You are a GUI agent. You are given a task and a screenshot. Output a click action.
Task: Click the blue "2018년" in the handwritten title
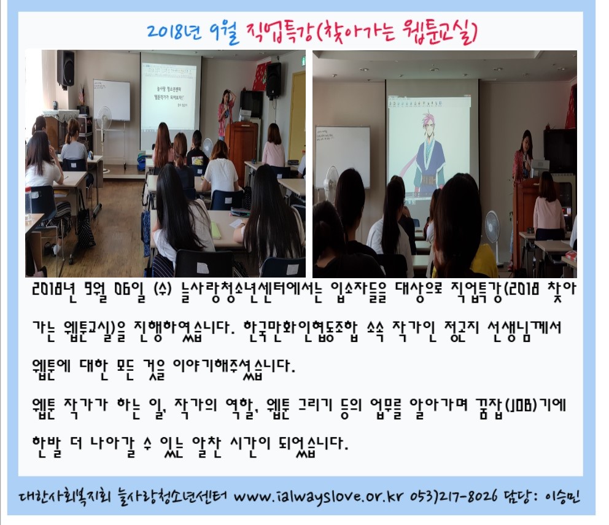(x=174, y=31)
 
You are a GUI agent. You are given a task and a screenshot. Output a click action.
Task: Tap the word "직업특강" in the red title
(x=279, y=31)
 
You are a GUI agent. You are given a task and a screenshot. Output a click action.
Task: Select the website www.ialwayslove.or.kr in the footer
(x=319, y=497)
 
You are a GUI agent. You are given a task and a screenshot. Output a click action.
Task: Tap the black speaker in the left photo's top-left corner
(x=66, y=69)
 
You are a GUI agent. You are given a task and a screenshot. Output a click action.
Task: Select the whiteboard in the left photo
(x=112, y=100)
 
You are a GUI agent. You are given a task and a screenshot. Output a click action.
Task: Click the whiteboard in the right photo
(x=342, y=152)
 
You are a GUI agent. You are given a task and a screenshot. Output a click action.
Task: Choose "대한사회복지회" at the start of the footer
(x=64, y=496)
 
